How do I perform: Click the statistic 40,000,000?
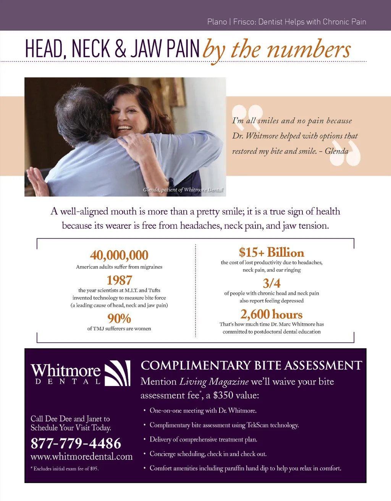click(119, 255)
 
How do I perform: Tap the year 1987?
click(119, 280)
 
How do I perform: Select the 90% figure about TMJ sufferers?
click(119, 318)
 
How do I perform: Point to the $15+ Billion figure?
click(271, 252)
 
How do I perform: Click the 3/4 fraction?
click(271, 283)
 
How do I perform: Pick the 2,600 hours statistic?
click(271, 314)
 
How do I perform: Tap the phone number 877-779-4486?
click(76, 443)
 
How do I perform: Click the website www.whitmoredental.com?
click(81, 457)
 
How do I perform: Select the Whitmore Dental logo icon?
click(118, 373)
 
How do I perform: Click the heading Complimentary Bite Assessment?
click(251, 365)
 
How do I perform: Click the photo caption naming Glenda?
click(183, 190)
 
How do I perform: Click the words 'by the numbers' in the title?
click(276, 50)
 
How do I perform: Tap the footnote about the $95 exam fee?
click(65, 469)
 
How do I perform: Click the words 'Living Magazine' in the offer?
click(214, 381)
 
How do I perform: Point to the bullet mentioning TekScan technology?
click(224, 425)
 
